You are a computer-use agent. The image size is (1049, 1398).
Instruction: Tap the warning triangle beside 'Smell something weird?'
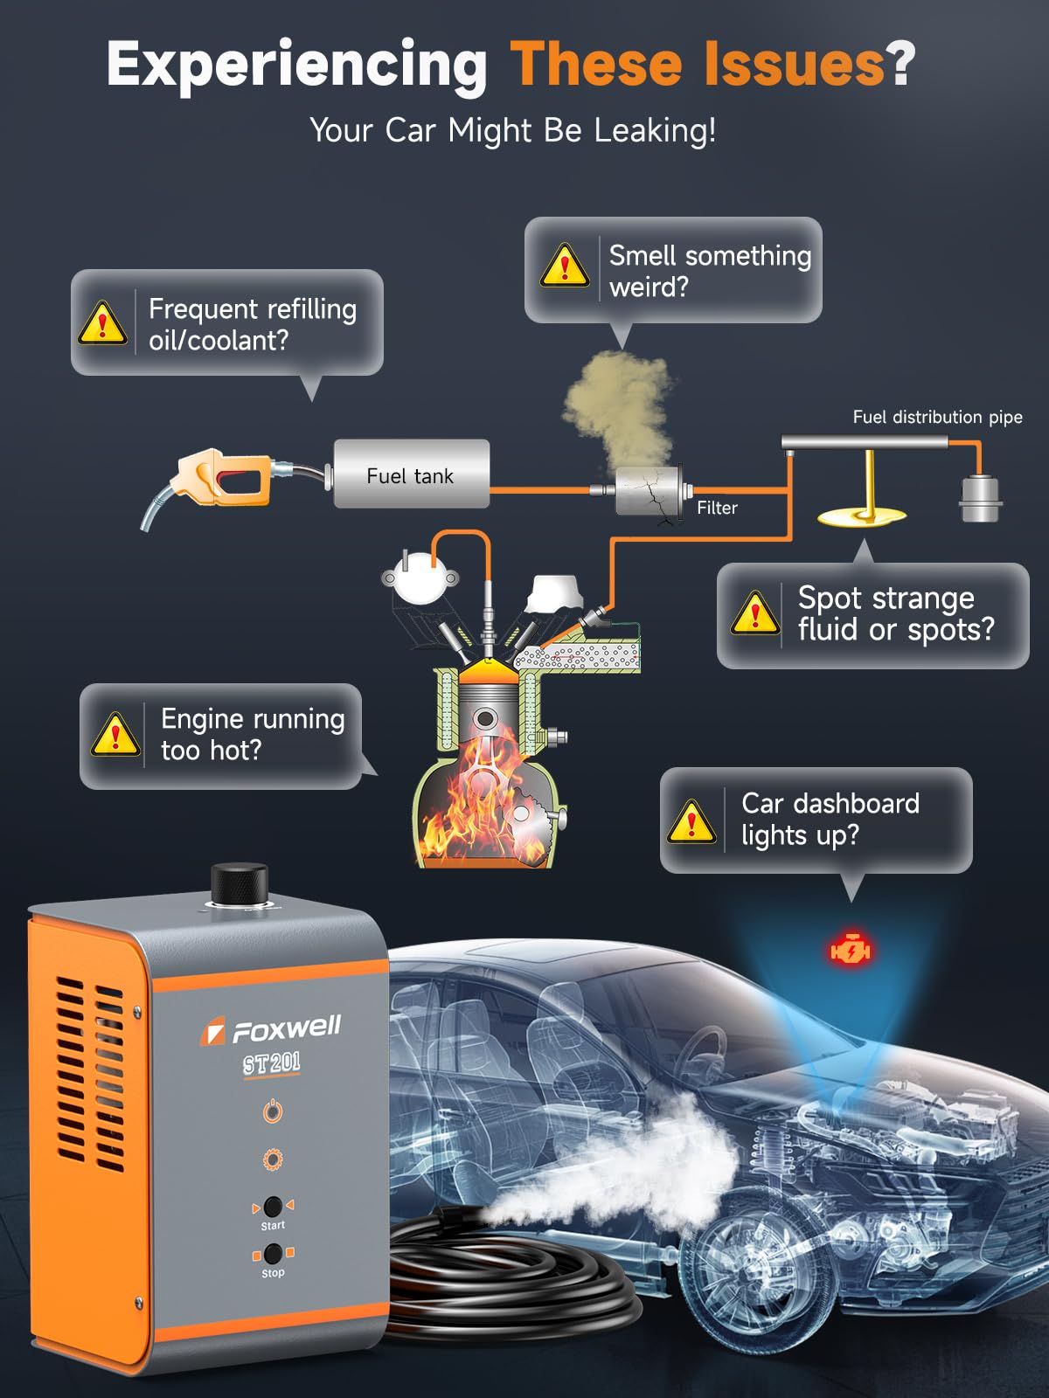565,266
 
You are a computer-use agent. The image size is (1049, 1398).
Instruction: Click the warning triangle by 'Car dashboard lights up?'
691,821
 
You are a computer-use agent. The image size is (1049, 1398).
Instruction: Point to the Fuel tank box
411,474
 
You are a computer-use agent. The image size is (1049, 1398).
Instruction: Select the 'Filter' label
717,508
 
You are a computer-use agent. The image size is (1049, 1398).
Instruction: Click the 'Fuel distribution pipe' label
937,417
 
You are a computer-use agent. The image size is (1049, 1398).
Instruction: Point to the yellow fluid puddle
862,516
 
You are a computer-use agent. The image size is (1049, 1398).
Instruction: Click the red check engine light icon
850,949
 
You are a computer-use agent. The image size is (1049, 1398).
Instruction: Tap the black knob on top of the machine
240,883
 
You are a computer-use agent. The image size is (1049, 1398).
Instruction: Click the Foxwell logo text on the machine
285,1028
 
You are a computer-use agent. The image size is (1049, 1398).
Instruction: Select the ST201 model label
271,1063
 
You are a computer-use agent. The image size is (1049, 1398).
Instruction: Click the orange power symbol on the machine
273,1111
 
